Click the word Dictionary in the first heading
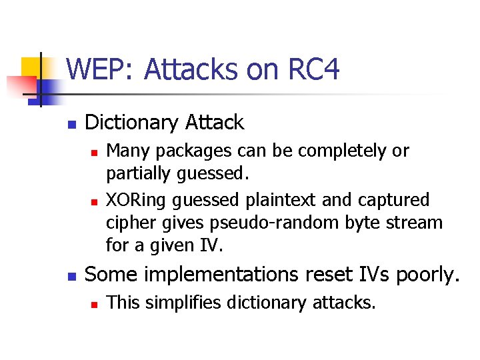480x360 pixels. pos(131,123)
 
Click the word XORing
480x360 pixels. pos(135,200)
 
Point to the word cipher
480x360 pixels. pos(127,223)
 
